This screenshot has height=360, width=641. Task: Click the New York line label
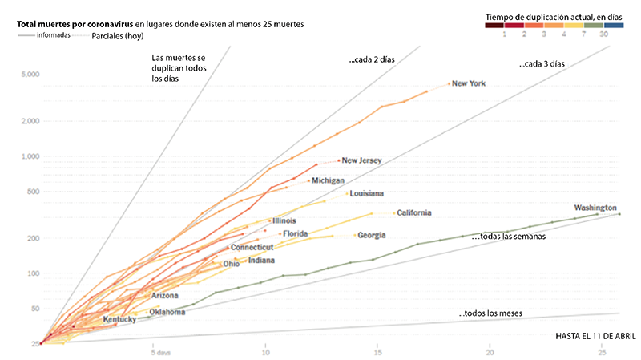[x=470, y=83]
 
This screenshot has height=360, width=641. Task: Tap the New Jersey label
[x=361, y=160]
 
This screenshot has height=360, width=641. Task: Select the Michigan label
[x=327, y=180]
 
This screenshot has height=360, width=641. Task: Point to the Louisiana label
[x=367, y=193]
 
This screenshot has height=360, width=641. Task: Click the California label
[x=414, y=212]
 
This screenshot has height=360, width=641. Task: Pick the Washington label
[x=595, y=207]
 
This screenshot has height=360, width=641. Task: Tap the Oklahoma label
[x=168, y=312]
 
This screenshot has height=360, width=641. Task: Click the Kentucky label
[x=119, y=319]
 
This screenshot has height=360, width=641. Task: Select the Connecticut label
[x=252, y=248]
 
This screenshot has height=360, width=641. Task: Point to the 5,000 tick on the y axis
[x=30, y=75]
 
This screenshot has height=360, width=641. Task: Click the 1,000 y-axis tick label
[x=30, y=156]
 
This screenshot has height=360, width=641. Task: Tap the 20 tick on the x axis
[x=490, y=352]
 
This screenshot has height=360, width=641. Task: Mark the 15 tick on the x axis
[x=377, y=352]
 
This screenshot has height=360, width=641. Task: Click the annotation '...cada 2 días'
[x=372, y=60]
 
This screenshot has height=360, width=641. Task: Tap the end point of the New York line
[x=450, y=83]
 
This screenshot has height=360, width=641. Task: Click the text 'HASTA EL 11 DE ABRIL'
[x=595, y=334]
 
